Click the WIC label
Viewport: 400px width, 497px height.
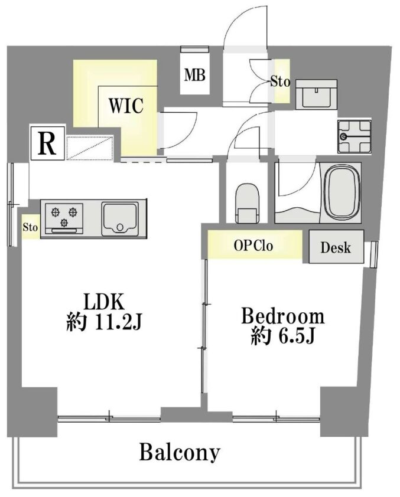pyautogui.click(x=126, y=106)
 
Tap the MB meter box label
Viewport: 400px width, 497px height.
pyautogui.click(x=195, y=75)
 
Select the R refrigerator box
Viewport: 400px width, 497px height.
pyautogui.click(x=47, y=143)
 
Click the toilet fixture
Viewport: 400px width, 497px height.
pyautogui.click(x=247, y=203)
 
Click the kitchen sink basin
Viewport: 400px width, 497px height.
pyautogui.click(x=120, y=220)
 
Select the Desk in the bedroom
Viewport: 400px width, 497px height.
pyautogui.click(x=336, y=247)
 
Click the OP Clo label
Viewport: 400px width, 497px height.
pyautogui.click(x=253, y=246)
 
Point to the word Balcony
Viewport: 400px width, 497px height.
pyautogui.click(x=180, y=452)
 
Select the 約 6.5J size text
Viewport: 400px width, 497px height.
pyautogui.click(x=282, y=336)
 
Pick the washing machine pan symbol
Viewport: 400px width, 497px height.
pyautogui.click(x=355, y=136)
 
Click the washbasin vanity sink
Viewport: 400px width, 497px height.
pyautogui.click(x=316, y=94)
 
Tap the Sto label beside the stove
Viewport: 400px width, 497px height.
pyautogui.click(x=30, y=227)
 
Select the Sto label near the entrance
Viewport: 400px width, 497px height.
pyautogui.click(x=280, y=82)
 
